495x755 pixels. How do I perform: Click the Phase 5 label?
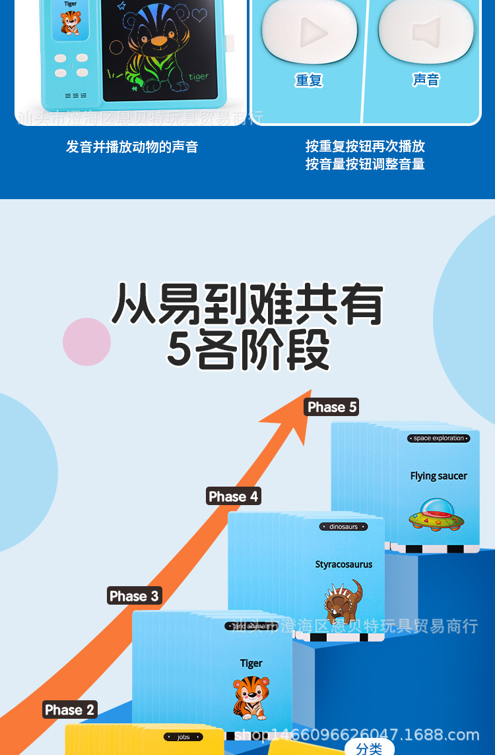[332, 408]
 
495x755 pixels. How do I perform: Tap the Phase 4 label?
[234, 497]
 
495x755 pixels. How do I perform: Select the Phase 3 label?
[134, 596]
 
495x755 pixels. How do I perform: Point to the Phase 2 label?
[70, 710]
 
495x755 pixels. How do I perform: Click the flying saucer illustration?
[435, 514]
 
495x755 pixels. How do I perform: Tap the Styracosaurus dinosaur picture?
[343, 601]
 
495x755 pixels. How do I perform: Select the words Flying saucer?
[438, 476]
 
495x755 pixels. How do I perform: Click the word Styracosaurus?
[343, 564]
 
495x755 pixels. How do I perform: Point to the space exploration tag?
[439, 438]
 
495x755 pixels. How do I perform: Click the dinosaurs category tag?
[343, 527]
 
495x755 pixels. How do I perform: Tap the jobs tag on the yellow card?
[183, 737]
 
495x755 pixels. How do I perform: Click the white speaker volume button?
[426, 31]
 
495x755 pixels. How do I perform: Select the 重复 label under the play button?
[308, 80]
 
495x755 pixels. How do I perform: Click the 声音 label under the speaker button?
[426, 80]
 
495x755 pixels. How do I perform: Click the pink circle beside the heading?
[86, 342]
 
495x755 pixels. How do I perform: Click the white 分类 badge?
[369, 748]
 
